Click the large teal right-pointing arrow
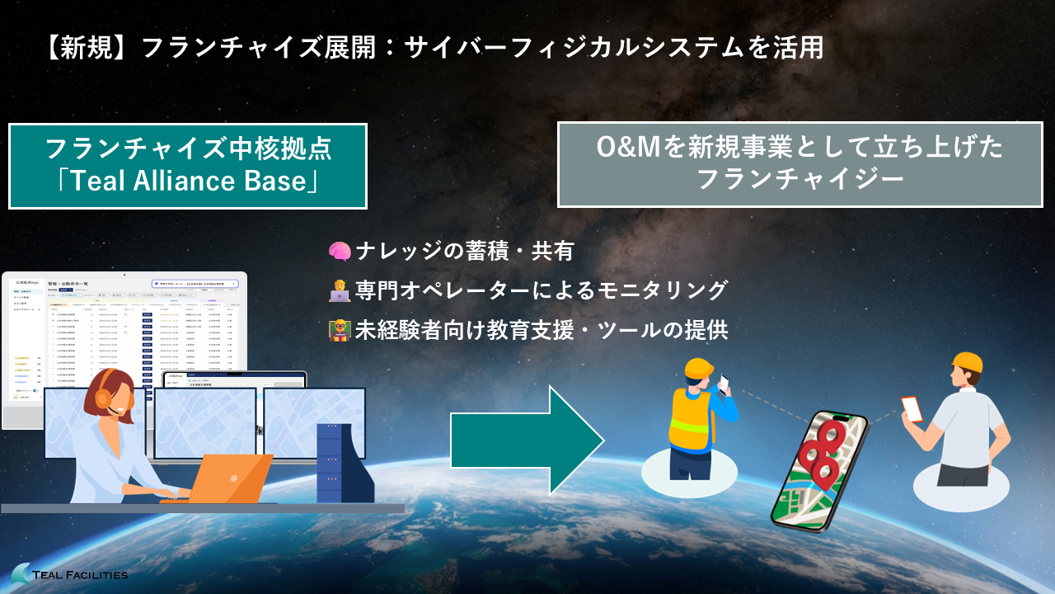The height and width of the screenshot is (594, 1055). pos(527,441)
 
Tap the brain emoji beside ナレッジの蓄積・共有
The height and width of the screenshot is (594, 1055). pos(340,252)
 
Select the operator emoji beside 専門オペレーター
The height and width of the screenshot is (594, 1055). pos(340,290)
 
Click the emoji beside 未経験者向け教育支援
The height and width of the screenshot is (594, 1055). pos(340,330)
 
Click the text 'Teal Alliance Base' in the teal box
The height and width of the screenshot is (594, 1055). pos(187,181)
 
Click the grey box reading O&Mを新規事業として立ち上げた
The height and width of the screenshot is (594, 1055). pos(799,164)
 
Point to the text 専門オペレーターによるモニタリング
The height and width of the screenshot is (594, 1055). pos(542,290)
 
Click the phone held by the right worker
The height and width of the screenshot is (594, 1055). pos(911,408)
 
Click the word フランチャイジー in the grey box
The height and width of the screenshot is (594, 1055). pos(799,179)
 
